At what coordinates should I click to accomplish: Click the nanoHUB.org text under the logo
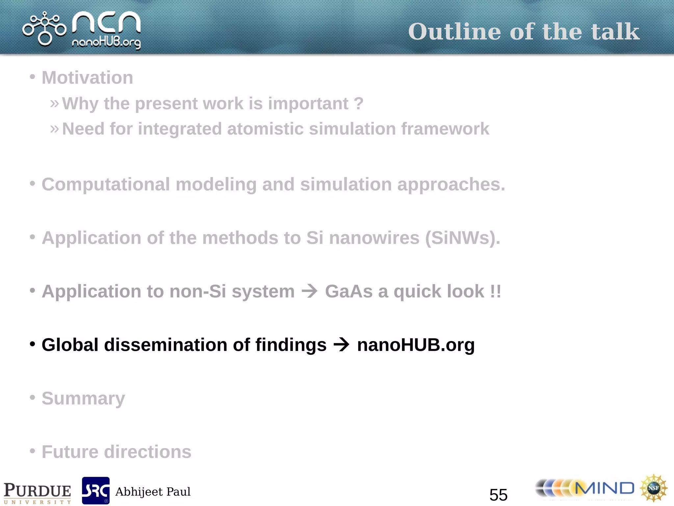[x=106, y=43]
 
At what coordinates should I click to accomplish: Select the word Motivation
[x=87, y=78]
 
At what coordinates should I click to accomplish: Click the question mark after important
[x=359, y=103]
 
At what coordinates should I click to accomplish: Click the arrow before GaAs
[x=310, y=291]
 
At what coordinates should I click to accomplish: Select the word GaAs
[x=349, y=292]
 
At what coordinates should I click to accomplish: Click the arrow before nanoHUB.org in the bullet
[x=342, y=345]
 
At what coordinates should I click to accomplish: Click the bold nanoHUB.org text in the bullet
[x=416, y=345]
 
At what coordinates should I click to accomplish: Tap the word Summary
[x=83, y=399]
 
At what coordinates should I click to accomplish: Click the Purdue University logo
[x=37, y=492]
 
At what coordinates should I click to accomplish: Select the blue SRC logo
[x=95, y=491]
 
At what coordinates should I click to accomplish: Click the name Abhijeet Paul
[x=153, y=492]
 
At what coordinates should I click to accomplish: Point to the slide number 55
[x=498, y=495]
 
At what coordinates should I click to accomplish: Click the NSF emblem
[x=653, y=488]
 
